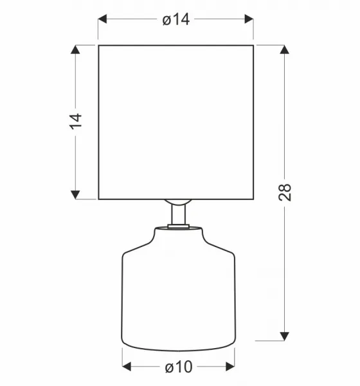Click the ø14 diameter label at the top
click(176, 19)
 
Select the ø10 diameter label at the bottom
click(179, 367)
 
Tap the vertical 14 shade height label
click(76, 122)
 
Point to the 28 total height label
click(285, 192)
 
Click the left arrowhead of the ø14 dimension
click(102, 19)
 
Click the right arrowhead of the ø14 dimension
click(249, 19)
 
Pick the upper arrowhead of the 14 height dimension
click(75, 50)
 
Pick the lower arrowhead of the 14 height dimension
click(75, 195)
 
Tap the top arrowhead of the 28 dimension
click(284, 50)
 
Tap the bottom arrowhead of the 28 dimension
click(284, 336)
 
